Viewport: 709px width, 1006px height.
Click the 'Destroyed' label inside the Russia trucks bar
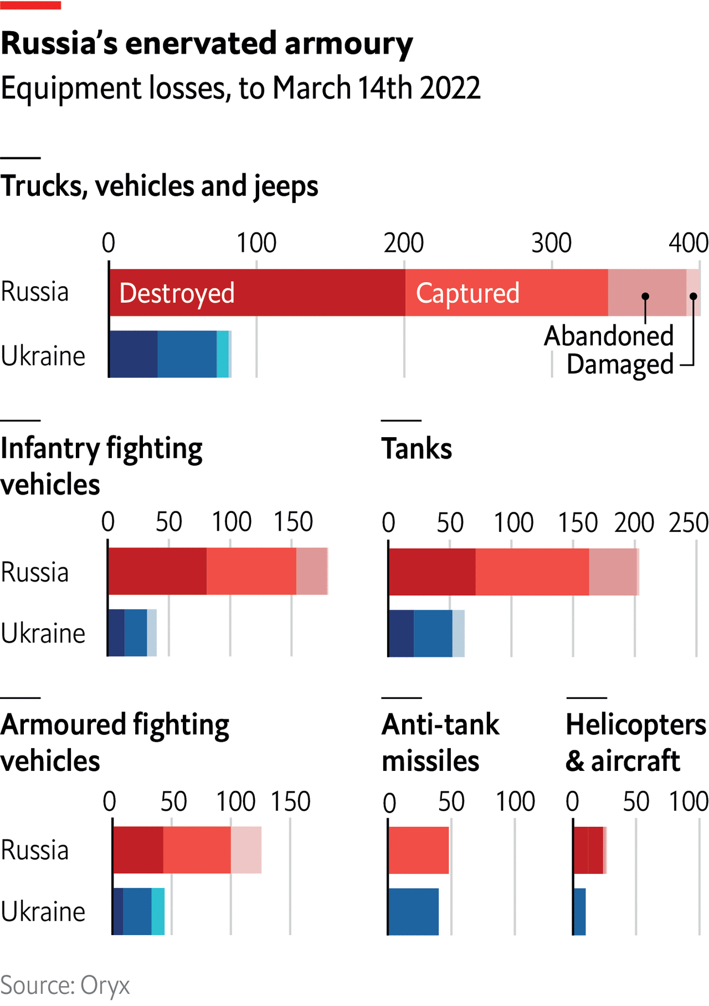pyautogui.click(x=177, y=293)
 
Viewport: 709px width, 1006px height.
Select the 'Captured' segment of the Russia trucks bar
pyautogui.click(x=506, y=293)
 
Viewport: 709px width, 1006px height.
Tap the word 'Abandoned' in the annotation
pyautogui.click(x=608, y=336)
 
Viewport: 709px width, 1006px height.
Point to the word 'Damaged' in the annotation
pyautogui.click(x=619, y=365)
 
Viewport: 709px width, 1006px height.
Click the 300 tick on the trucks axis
pyautogui.click(x=551, y=243)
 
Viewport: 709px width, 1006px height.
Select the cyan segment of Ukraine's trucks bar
pyautogui.click(x=222, y=354)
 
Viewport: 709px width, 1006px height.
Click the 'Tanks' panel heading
pyautogui.click(x=417, y=449)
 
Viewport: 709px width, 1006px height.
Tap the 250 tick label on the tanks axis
pyautogui.click(x=688, y=523)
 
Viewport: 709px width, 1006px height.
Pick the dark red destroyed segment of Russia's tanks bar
pyautogui.click(x=432, y=572)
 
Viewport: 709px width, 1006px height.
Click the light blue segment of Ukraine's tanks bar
pyautogui.click(x=458, y=634)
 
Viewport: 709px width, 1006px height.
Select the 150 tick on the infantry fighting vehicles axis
pyautogui.click(x=293, y=522)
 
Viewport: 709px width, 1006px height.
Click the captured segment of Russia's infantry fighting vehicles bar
pyautogui.click(x=251, y=572)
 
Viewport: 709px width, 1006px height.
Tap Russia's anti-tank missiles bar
pyautogui.click(x=418, y=851)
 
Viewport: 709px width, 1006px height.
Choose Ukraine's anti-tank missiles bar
pyautogui.click(x=413, y=911)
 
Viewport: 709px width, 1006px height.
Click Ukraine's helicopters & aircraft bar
pyautogui.click(x=579, y=911)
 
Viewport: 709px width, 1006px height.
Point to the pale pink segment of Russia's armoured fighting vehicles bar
pyautogui.click(x=246, y=850)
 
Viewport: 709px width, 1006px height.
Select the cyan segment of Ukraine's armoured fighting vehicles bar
pyautogui.click(x=158, y=911)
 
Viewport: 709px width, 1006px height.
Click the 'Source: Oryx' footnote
pyautogui.click(x=65, y=986)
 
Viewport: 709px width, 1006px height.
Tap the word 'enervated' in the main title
pyautogui.click(x=201, y=44)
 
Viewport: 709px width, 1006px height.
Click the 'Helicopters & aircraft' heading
pyautogui.click(x=635, y=742)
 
